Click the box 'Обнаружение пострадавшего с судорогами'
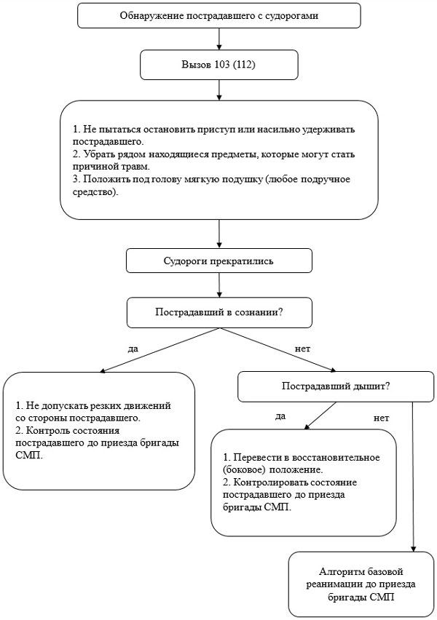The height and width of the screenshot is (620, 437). coord(219,15)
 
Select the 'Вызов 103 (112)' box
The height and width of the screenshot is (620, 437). coord(219,65)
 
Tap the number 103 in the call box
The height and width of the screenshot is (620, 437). coord(221,65)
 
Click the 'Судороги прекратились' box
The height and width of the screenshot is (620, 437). coord(219,261)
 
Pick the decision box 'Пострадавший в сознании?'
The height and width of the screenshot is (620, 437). coord(219,313)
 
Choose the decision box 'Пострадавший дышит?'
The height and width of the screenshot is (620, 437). coord(336,386)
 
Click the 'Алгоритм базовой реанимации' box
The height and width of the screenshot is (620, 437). coord(361,584)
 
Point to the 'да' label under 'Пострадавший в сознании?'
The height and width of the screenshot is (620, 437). coord(133,349)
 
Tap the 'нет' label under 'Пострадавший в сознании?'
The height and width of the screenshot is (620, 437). coord(303,349)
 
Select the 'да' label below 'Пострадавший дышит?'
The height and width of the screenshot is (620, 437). coord(280,416)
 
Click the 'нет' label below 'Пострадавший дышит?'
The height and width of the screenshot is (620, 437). coord(382,418)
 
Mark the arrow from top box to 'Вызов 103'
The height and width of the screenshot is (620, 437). coord(219,39)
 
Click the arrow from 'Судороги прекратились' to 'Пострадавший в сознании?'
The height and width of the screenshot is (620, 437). coord(219,285)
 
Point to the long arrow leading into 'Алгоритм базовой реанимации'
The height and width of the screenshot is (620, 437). coord(413,477)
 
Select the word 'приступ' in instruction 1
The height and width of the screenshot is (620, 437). coord(218,130)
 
